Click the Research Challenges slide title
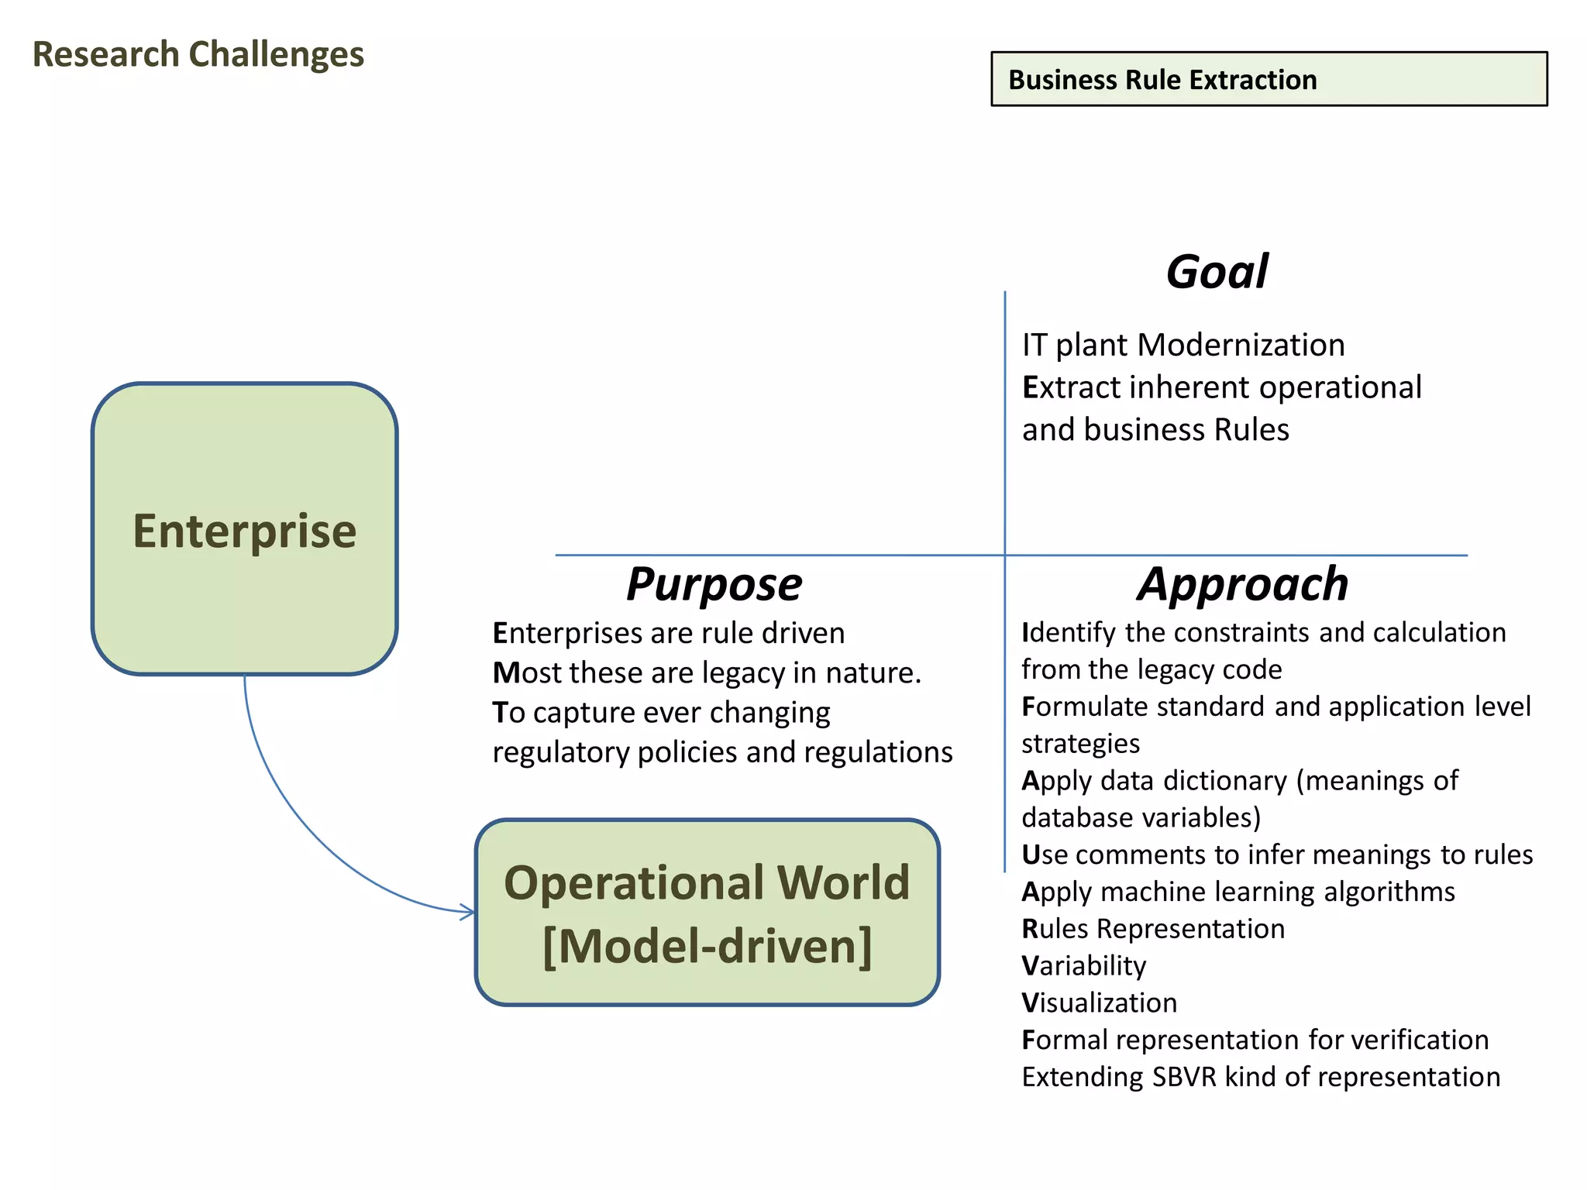tap(198, 55)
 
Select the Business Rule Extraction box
tap(1269, 79)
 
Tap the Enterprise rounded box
tap(245, 529)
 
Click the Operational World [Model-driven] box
tap(707, 913)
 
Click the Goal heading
tap(1217, 272)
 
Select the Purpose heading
tap(714, 584)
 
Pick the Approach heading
tap(1243, 584)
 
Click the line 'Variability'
tap(1083, 966)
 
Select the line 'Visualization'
tap(1099, 1003)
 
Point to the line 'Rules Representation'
tap(1153, 929)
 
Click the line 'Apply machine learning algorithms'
tap(1238, 892)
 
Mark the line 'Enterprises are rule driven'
tap(668, 634)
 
